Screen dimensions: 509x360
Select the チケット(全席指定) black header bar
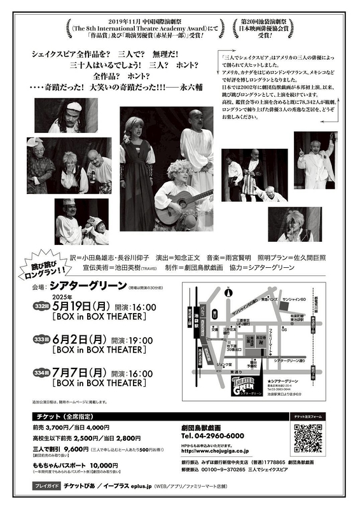[99, 415]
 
